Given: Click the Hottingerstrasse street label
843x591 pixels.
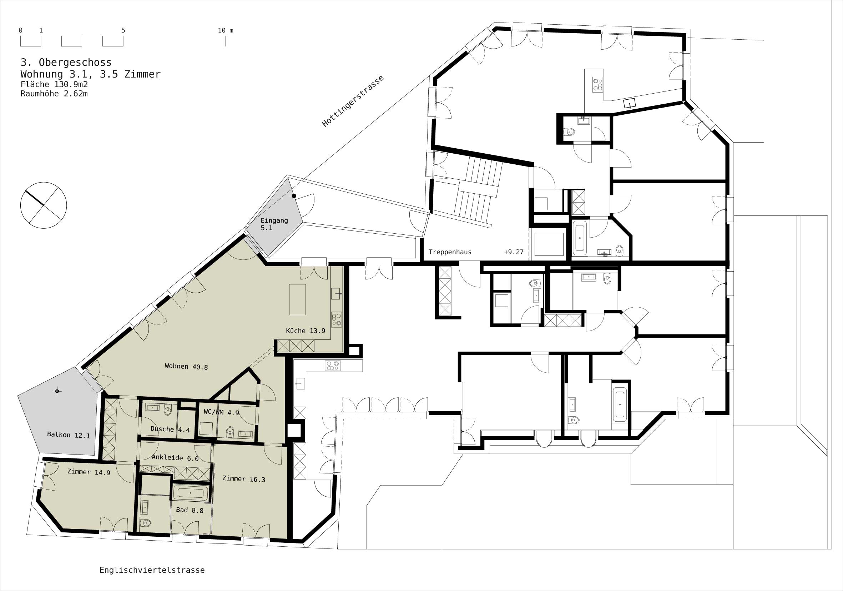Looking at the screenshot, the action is click(353, 101).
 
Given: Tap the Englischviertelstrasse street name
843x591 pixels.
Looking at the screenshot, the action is click(152, 570).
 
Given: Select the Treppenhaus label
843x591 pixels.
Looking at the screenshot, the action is click(450, 252).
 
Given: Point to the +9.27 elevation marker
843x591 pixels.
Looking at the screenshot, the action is click(514, 252).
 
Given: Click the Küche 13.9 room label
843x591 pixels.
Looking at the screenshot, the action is click(306, 331).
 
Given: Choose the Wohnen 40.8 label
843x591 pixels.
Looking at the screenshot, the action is click(186, 367).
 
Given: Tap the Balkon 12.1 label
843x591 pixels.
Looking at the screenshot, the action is click(68, 435).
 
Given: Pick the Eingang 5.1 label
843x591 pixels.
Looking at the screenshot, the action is click(274, 224).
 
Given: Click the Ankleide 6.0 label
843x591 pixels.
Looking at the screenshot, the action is click(175, 458).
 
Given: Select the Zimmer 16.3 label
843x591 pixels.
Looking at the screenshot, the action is click(244, 479).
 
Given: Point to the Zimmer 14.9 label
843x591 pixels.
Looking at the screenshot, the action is click(89, 472).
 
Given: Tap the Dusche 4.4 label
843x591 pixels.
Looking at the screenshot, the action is click(170, 429).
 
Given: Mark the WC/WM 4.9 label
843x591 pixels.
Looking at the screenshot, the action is click(221, 412).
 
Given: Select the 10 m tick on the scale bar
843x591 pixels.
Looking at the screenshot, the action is click(226, 41).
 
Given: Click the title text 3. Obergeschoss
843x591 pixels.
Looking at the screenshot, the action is click(66, 63).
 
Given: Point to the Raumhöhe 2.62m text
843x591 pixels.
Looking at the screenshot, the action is click(54, 94).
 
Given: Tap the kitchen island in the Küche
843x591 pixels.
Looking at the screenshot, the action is click(297, 299).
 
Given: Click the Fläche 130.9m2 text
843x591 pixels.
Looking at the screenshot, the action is click(54, 85).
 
